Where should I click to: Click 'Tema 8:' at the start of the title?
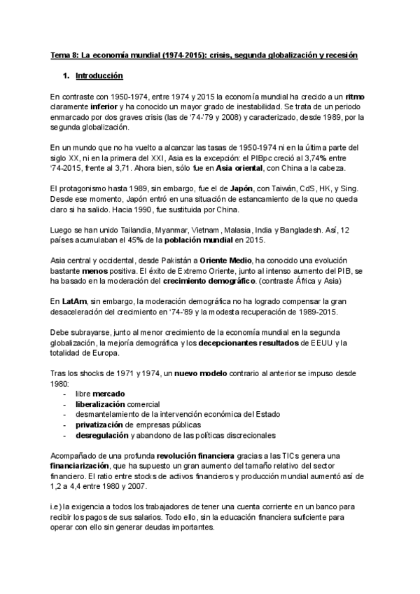click(67, 53)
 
